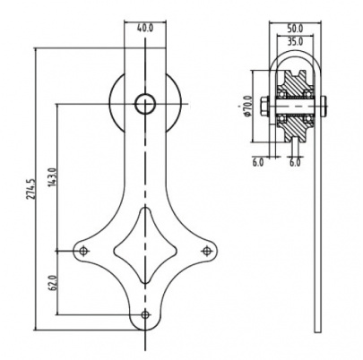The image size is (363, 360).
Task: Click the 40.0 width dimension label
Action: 145,29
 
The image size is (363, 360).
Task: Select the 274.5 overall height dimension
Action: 31,189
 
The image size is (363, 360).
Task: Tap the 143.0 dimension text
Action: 52,177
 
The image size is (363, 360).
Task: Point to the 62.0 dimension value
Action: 52,283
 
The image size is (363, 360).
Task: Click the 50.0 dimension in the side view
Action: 295,29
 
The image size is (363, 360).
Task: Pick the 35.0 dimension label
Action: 295,41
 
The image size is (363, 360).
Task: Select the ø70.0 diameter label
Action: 247,106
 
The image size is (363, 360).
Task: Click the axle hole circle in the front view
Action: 145,104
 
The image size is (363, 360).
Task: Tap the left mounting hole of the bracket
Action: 84,251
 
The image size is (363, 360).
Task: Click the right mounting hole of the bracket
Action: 206,251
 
